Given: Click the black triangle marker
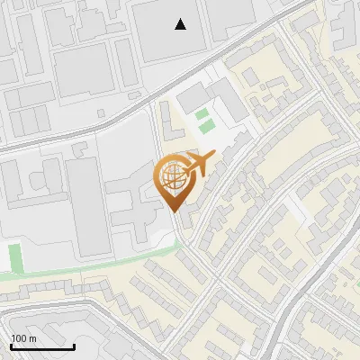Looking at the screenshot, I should pyautogui.click(x=181, y=24).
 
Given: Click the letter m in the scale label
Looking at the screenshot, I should pyautogui.click(x=33, y=338).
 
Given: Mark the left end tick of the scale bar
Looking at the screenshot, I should pyautogui.click(x=11, y=346).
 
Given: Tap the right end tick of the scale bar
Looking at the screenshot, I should pyautogui.click(x=74, y=346).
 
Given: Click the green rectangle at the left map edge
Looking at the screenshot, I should pyautogui.click(x=14, y=258).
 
